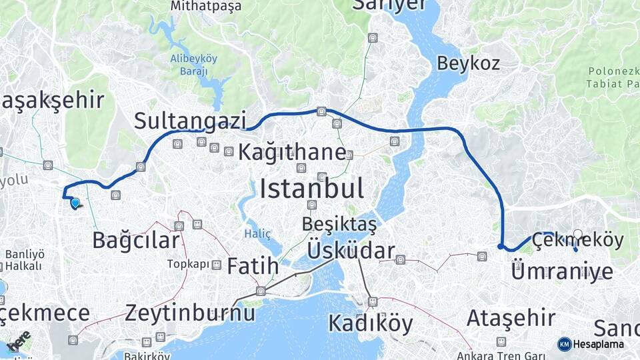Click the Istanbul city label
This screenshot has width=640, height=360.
pyautogui.click(x=311, y=189)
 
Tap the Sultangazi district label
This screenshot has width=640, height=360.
pyautogui.click(x=190, y=121)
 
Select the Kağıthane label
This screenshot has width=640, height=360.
pyautogui.click(x=292, y=152)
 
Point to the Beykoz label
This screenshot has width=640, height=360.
pyautogui.click(x=469, y=63)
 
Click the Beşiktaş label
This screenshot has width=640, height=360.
pyautogui.click(x=339, y=225)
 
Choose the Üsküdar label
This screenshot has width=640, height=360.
pyautogui.click(x=351, y=251)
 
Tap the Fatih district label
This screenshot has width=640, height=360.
pyautogui.click(x=253, y=266)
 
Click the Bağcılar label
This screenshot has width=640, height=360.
pyautogui.click(x=136, y=240)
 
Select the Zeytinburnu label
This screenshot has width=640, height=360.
pyautogui.click(x=190, y=312)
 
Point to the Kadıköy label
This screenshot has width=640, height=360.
pyautogui.click(x=371, y=323)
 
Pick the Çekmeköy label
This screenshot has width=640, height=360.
pyautogui.click(x=577, y=241)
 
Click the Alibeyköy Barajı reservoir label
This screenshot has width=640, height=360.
pyautogui.click(x=194, y=65)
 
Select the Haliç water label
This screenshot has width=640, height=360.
pyautogui.click(x=258, y=233)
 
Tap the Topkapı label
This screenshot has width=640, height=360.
pyautogui.click(x=187, y=264)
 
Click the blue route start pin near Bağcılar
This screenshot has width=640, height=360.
pyautogui.click(x=75, y=203)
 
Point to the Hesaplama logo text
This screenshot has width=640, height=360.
pyautogui.click(x=598, y=344)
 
